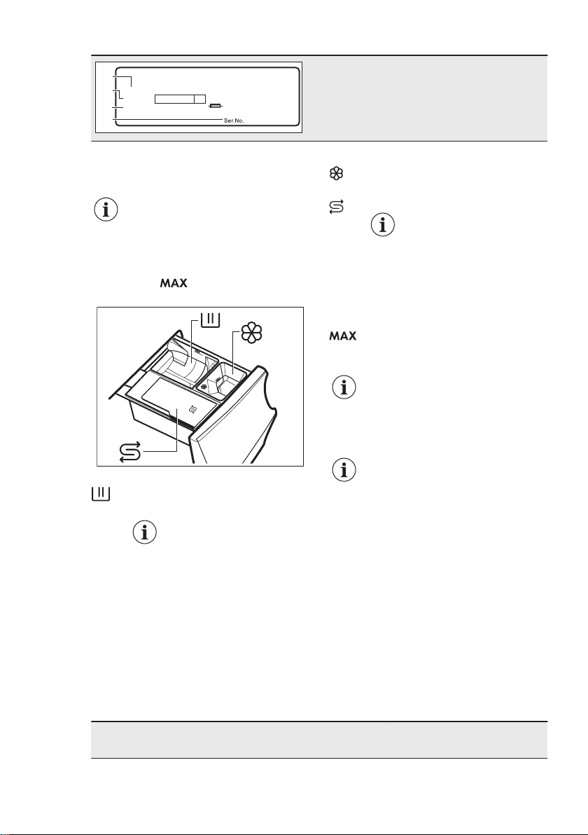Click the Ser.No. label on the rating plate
(x=234, y=121)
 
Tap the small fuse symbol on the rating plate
(x=216, y=107)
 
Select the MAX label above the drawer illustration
(x=174, y=283)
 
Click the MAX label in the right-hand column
(x=343, y=336)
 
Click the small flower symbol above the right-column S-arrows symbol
(x=337, y=174)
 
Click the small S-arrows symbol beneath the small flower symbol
(x=337, y=207)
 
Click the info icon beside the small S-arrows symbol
(x=383, y=226)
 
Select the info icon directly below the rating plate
(x=106, y=210)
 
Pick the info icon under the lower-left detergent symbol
(x=145, y=532)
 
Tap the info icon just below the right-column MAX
(x=344, y=387)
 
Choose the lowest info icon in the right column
(x=344, y=469)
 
